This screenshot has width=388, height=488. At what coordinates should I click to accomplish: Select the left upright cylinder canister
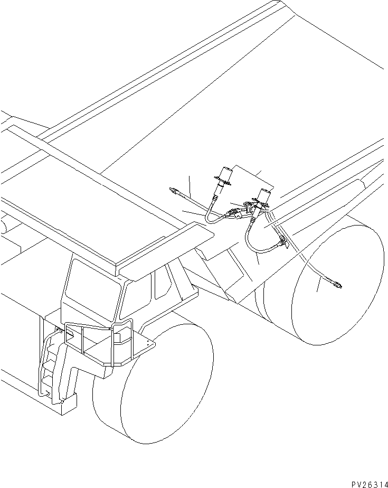(x=224, y=175)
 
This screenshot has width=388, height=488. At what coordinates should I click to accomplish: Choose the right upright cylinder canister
(x=264, y=195)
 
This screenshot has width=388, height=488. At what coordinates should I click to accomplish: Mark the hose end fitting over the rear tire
(x=336, y=286)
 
